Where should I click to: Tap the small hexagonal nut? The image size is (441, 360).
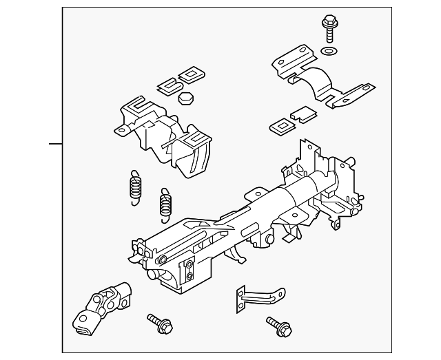point(185,99)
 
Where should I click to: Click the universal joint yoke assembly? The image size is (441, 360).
point(103,306)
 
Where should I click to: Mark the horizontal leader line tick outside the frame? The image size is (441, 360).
point(55,144)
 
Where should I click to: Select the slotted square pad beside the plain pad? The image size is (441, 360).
point(280,125)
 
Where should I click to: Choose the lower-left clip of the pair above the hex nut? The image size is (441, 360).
point(170,85)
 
